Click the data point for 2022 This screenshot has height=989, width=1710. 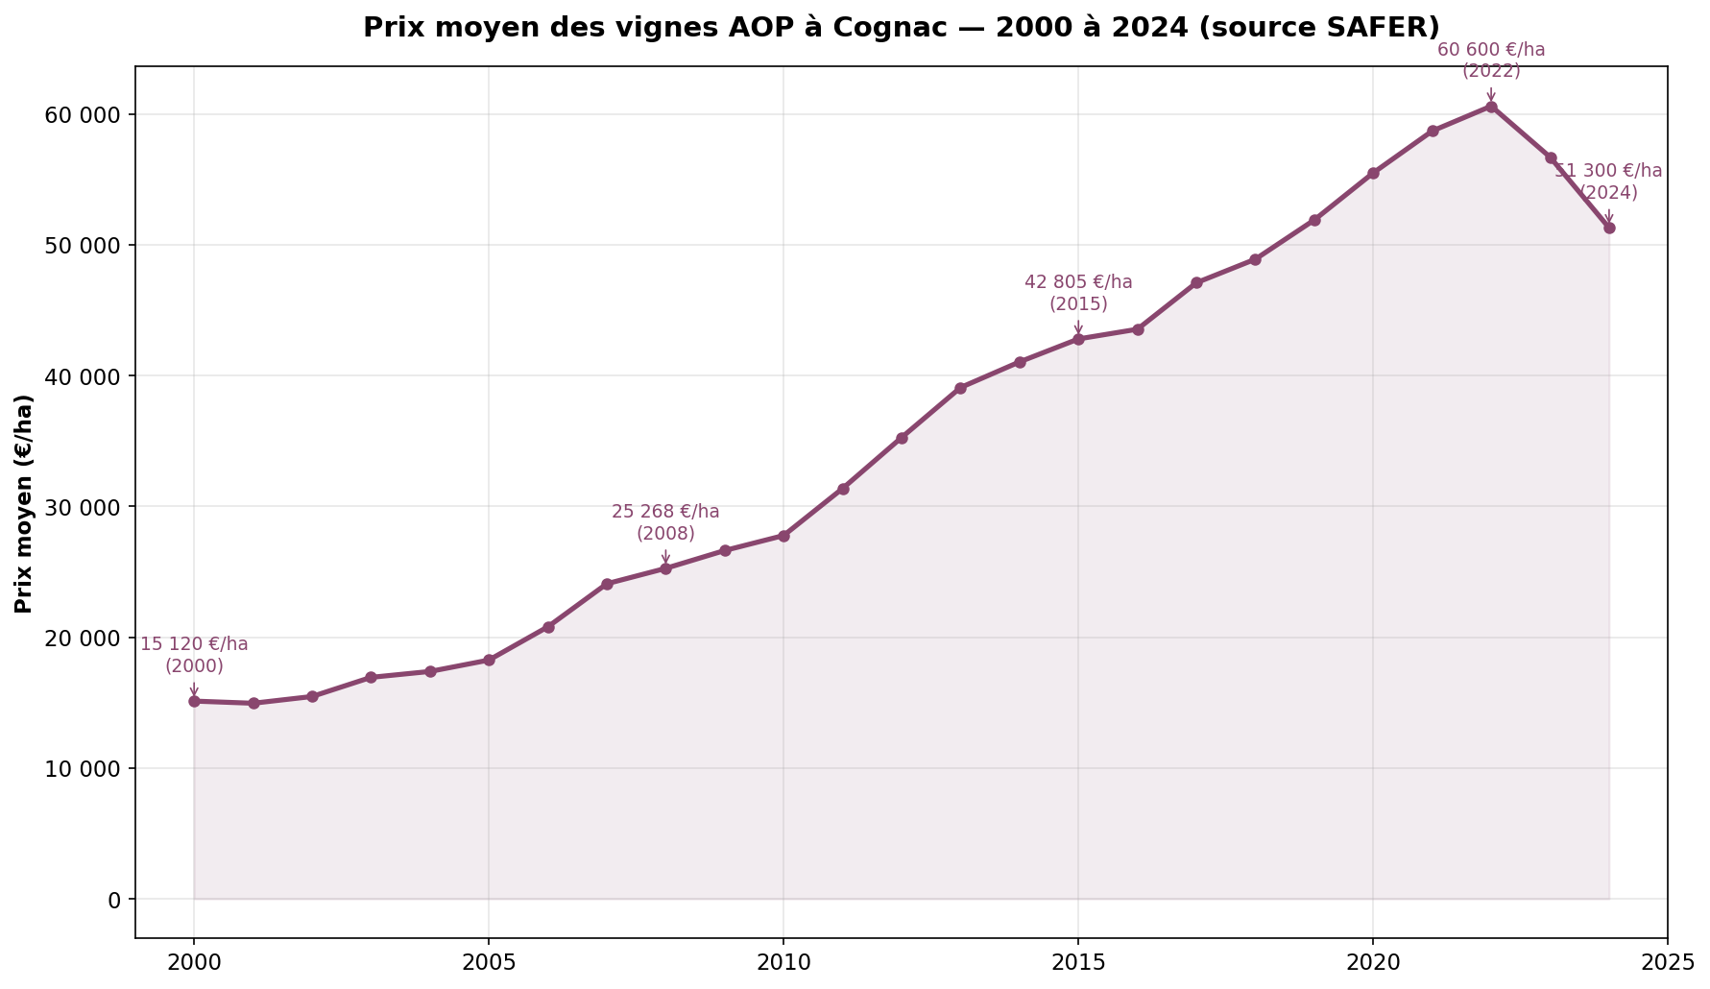(1491, 107)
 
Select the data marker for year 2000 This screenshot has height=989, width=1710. (194, 701)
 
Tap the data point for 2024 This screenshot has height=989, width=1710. (1609, 228)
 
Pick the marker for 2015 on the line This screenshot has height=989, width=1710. (1078, 339)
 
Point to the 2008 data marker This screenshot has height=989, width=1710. (665, 568)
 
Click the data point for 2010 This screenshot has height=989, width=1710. (783, 536)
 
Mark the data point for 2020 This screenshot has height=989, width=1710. (1373, 173)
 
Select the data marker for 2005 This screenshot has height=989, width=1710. (489, 660)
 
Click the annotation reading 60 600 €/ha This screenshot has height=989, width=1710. (1491, 50)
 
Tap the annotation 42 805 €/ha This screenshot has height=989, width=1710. (1078, 282)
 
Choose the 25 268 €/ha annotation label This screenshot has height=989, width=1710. (665, 512)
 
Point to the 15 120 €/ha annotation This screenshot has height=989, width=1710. (194, 644)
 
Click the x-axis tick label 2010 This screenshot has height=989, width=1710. (783, 962)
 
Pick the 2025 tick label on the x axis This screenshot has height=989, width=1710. (1668, 962)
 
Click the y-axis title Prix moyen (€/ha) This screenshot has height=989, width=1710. (24, 503)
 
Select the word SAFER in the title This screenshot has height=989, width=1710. (1390, 27)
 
